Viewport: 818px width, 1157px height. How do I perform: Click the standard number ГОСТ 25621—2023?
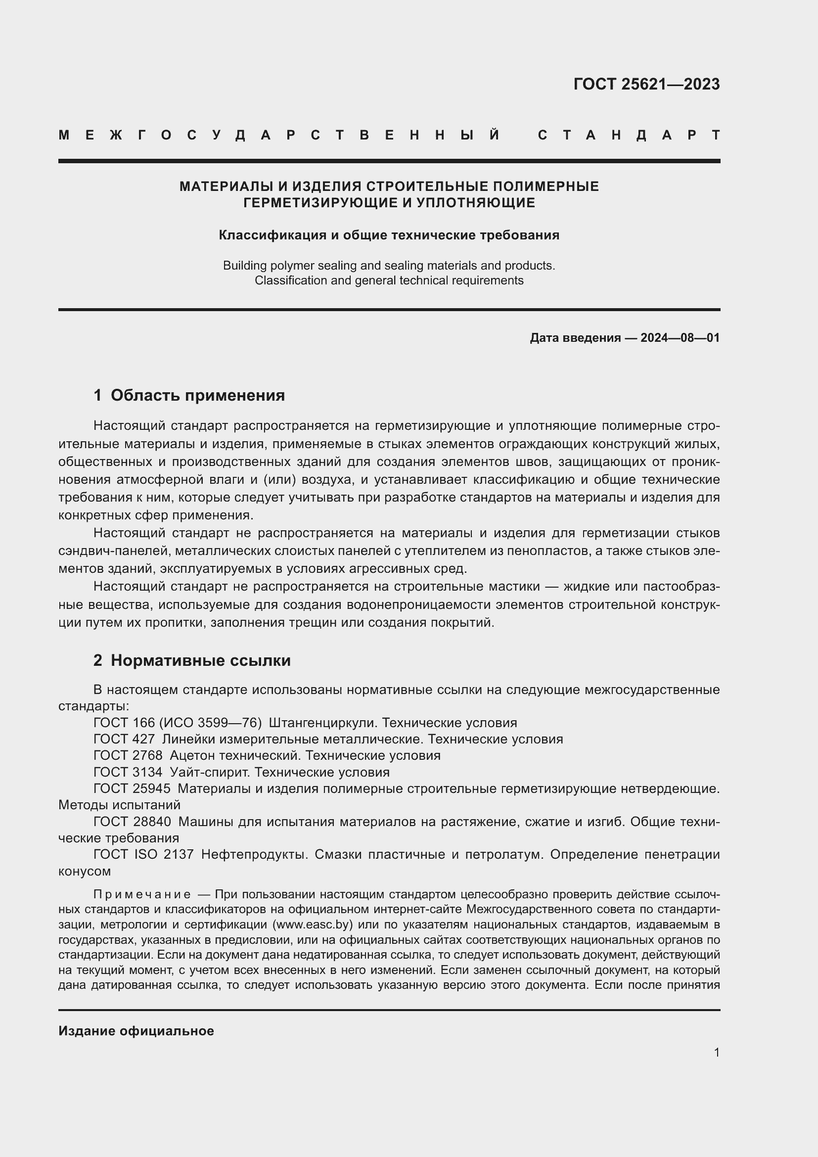646,84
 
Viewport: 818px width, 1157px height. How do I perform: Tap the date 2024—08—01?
680,338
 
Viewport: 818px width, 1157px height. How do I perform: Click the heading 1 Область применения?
189,395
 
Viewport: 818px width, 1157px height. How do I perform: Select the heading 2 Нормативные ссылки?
192,660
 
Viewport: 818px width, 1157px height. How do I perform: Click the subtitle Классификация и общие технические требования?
389,235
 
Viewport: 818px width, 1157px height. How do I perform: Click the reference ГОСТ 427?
124,739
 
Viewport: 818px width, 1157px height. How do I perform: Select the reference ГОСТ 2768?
128,755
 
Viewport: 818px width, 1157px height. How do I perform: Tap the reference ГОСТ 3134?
128,772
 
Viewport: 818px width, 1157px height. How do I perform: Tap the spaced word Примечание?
142,894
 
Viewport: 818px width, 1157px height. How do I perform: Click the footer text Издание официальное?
136,1031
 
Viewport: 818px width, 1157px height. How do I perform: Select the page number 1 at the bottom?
716,1052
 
